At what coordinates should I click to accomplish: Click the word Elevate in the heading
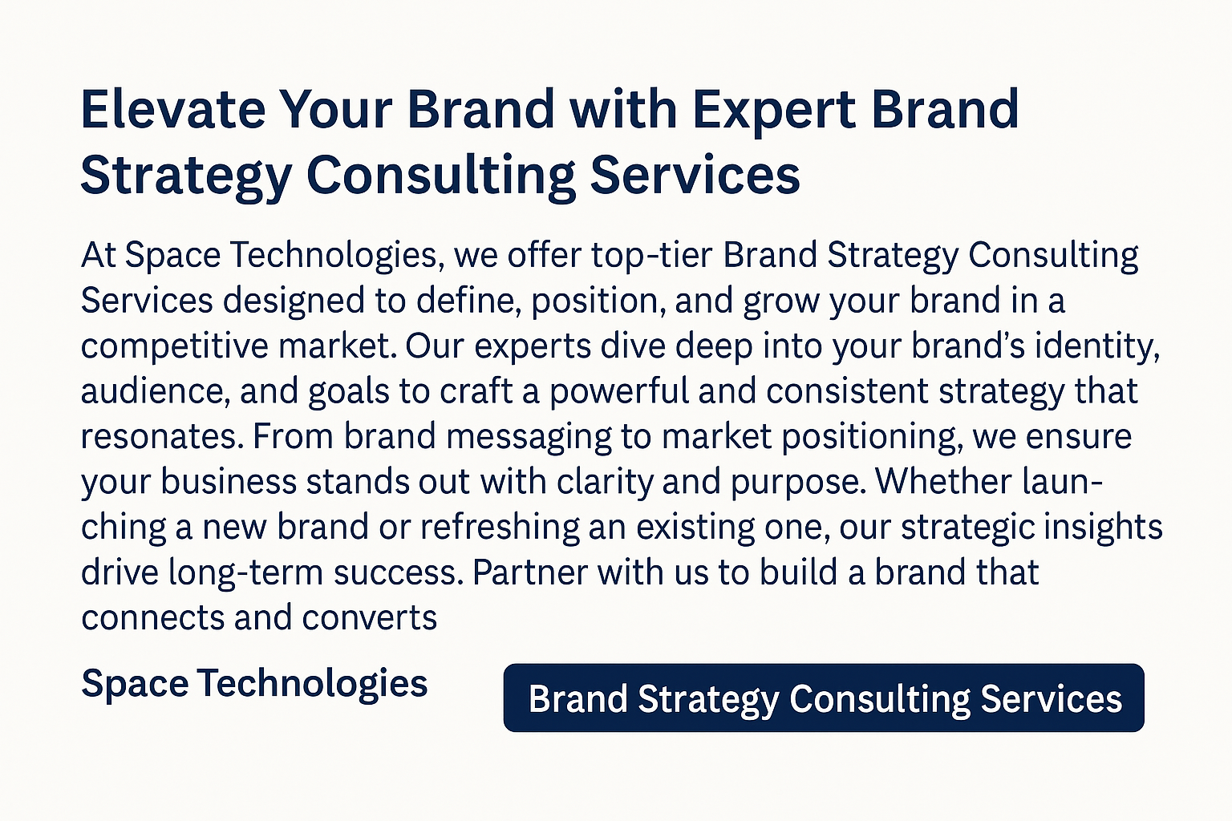click(x=173, y=109)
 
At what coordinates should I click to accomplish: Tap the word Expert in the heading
click(x=774, y=112)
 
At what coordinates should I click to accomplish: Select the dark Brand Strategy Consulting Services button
click(x=824, y=698)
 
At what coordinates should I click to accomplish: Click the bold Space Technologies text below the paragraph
click(x=254, y=684)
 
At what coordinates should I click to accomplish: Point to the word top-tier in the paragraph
click(x=652, y=256)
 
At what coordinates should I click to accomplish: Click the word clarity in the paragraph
click(x=605, y=483)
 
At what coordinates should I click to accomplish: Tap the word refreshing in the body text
click(x=500, y=528)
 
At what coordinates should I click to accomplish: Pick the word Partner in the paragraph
click(x=530, y=572)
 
